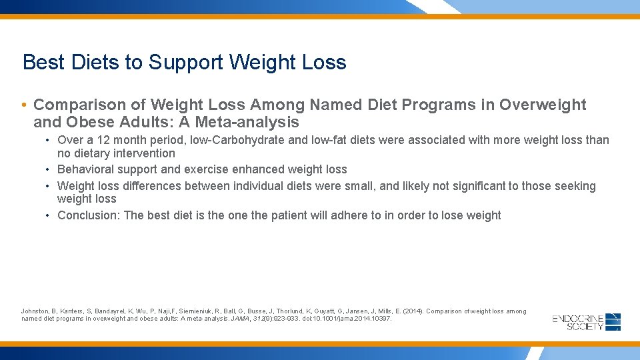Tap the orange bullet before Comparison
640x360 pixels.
click(x=24, y=105)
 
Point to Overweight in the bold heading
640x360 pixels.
click(x=543, y=105)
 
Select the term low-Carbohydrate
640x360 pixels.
click(x=227, y=140)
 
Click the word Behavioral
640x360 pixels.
click(x=86, y=169)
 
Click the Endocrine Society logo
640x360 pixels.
click(x=587, y=322)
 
